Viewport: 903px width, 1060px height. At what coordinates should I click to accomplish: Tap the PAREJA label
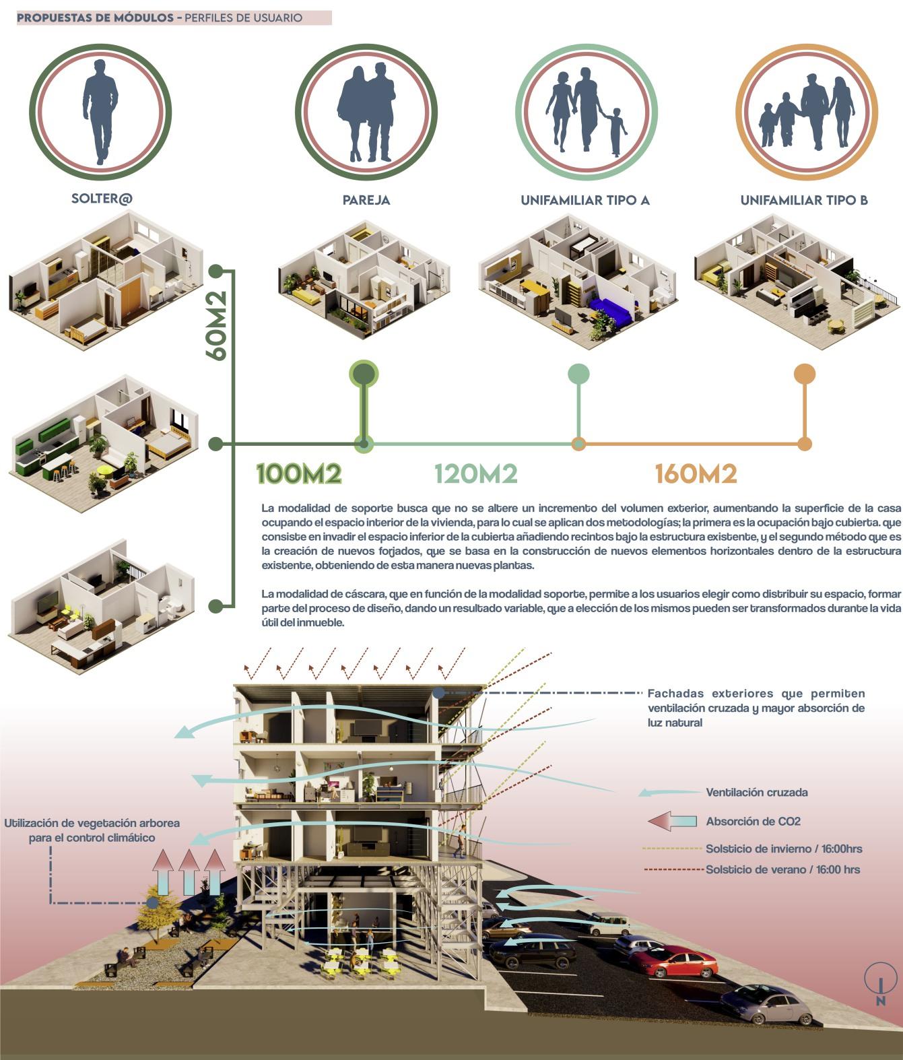tap(366, 200)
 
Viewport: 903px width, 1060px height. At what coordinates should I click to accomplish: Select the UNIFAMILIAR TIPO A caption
tap(584, 200)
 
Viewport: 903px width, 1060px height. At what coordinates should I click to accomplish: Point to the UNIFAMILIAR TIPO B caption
tap(804, 200)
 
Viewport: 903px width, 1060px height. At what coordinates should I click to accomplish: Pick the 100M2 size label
tap(299, 474)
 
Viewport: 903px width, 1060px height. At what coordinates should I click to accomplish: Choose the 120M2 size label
tap(475, 474)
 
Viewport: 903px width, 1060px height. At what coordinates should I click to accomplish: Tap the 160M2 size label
tap(696, 474)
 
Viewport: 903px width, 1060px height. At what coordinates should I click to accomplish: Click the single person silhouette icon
tap(100, 111)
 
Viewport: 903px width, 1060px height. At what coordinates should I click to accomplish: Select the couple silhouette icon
tap(366, 113)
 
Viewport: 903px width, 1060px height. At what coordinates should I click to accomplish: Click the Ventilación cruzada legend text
tap(756, 793)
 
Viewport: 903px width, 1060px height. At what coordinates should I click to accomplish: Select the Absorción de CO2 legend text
tap(753, 822)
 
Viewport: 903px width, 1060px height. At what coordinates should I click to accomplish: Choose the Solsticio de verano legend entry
tap(782, 869)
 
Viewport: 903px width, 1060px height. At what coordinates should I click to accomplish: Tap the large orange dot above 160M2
tap(804, 374)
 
